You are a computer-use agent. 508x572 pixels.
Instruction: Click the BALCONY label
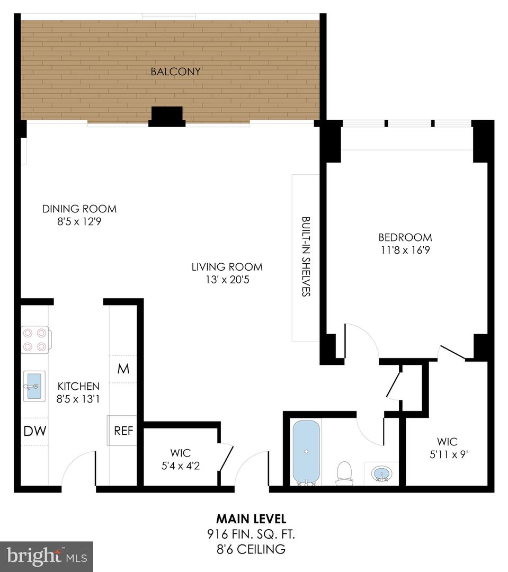point(175,71)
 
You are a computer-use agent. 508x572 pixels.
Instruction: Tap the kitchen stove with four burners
point(36,339)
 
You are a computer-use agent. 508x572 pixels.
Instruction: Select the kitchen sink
point(34,386)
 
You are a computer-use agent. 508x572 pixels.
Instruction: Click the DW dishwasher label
point(34,431)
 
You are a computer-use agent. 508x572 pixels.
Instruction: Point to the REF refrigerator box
point(122,431)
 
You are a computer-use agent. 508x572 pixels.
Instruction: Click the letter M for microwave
point(123,369)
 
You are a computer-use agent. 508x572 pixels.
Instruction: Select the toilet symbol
point(343,473)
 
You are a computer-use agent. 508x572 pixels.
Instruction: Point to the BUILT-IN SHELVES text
point(306,256)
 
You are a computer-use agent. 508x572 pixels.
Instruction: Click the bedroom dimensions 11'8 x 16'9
point(405,250)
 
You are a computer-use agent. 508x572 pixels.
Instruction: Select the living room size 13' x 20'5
point(227,280)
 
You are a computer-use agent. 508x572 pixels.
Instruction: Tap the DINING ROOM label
point(79,209)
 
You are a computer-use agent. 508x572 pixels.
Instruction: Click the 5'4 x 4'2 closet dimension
point(181,466)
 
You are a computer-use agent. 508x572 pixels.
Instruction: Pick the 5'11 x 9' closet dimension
point(449,454)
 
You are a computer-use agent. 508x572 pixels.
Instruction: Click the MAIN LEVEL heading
point(252,519)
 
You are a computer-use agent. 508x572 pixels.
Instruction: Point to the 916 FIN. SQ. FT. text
point(251,534)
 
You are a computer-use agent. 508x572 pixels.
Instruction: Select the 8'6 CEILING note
point(251,549)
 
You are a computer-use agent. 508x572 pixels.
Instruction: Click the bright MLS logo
point(47,557)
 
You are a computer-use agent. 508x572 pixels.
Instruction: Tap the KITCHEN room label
point(78,386)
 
